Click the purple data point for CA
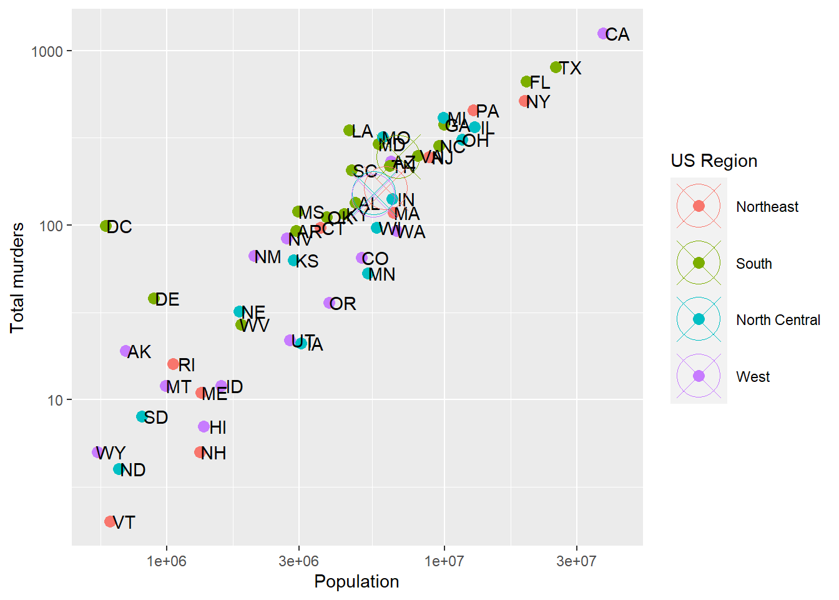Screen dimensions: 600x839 (x=603, y=34)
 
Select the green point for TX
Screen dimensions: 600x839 (x=556, y=67)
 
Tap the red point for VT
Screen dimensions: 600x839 (x=110, y=521)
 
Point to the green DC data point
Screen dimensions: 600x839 (x=106, y=226)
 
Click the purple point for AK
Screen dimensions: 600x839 (x=125, y=351)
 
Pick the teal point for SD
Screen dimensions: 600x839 (x=142, y=417)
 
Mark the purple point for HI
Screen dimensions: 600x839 (x=204, y=426)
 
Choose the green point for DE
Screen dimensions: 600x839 (x=154, y=299)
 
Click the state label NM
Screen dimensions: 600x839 (x=268, y=257)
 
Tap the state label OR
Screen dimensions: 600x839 (x=343, y=304)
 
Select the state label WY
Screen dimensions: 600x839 (x=112, y=452)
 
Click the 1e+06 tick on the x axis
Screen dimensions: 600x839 (x=167, y=561)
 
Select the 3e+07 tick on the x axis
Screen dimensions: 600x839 (x=576, y=561)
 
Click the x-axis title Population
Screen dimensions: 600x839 (x=356, y=581)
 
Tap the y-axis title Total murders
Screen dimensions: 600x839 (x=17, y=277)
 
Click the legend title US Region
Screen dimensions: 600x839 (x=714, y=161)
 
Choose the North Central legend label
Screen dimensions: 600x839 (x=778, y=320)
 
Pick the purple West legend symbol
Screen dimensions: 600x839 (x=699, y=376)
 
